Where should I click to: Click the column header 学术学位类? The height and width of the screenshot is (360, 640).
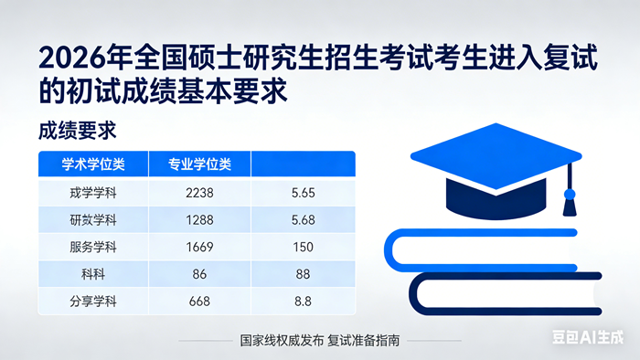click(93, 165)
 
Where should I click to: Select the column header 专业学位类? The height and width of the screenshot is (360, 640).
click(199, 165)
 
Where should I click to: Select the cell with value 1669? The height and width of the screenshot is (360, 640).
click(198, 247)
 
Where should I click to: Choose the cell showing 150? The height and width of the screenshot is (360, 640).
click(302, 247)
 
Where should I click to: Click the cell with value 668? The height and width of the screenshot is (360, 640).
click(198, 301)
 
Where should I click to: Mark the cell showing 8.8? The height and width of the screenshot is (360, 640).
click(302, 301)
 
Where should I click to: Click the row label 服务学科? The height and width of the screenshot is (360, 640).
click(93, 247)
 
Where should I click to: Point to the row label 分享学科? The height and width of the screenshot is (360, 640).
click(93, 301)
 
